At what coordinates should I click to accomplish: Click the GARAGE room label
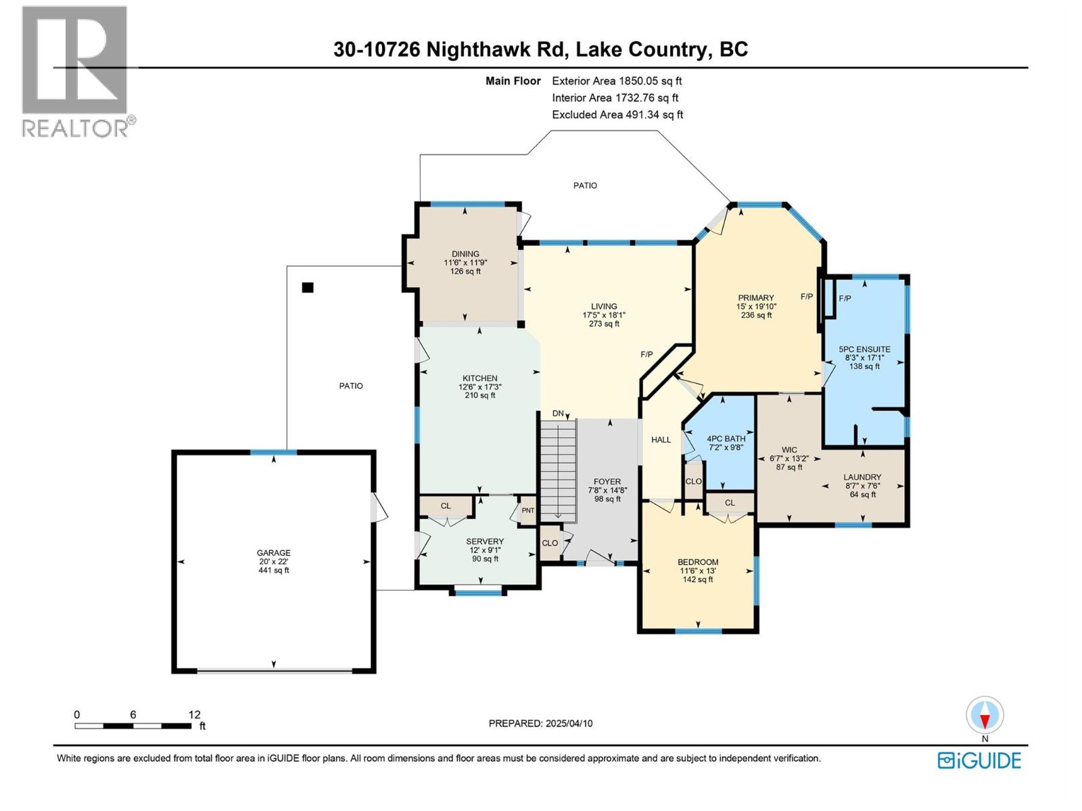pyautogui.click(x=273, y=552)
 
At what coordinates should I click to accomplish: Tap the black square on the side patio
pyautogui.click(x=308, y=287)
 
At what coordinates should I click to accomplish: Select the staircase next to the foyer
pyautogui.click(x=558, y=470)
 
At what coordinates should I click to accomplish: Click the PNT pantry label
pyautogui.click(x=527, y=510)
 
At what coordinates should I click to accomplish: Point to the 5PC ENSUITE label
pyautogui.click(x=864, y=349)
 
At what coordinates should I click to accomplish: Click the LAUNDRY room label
pyautogui.click(x=862, y=476)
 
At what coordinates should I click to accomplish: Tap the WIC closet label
pyautogui.click(x=789, y=449)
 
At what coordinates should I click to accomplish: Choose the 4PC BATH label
pyautogui.click(x=726, y=439)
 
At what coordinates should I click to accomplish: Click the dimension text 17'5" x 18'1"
pyautogui.click(x=604, y=315)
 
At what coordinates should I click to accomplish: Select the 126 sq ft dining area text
pyautogui.click(x=465, y=272)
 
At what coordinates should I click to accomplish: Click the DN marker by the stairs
pyautogui.click(x=558, y=414)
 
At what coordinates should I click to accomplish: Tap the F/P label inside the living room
pyautogui.click(x=646, y=354)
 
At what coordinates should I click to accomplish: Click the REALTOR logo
pyautogui.click(x=76, y=71)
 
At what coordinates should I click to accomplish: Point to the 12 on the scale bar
pyautogui.click(x=195, y=714)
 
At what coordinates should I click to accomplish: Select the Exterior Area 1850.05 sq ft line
pyautogui.click(x=617, y=80)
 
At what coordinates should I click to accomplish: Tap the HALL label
pyautogui.click(x=661, y=439)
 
